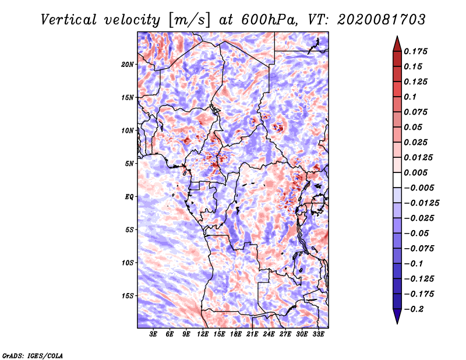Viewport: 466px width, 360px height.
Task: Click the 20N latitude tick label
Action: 128,65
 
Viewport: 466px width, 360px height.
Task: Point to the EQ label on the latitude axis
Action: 129,197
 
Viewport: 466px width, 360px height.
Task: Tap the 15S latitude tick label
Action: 128,296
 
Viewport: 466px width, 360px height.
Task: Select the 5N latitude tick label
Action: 129,164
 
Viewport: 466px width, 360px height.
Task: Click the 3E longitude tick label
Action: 153,334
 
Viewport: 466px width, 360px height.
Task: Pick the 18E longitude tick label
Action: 236,334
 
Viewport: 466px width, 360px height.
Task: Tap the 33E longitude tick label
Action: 318,334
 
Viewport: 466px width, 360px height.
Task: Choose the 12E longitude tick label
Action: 203,334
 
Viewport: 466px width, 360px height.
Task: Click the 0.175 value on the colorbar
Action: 415,51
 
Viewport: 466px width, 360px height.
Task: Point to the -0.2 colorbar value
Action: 414,309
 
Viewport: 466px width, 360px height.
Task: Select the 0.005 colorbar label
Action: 415,172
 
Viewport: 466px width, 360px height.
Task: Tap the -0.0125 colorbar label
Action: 421,203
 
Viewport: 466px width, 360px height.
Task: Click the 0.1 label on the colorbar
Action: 410,97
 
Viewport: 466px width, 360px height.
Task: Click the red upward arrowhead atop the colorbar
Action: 397,44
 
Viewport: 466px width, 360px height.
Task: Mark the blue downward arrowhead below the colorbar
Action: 397,316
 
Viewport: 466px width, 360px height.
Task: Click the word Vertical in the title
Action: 69,20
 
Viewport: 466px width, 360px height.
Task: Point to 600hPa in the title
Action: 270,20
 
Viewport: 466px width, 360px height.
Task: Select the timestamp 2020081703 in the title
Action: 382,20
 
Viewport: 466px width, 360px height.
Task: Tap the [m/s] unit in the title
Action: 189,20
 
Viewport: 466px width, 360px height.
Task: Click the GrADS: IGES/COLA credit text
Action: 33,356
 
